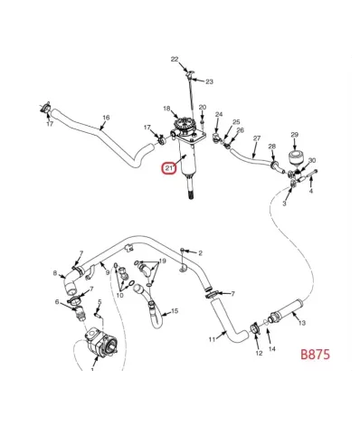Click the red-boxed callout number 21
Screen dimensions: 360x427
click(169, 168)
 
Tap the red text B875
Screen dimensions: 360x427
click(315, 354)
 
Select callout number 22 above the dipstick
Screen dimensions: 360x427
click(175, 60)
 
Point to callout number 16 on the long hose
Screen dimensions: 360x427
click(106, 118)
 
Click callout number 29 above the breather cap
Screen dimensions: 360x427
click(295, 135)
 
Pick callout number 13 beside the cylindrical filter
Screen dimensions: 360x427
click(302, 323)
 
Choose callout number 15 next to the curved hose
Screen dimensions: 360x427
click(175, 311)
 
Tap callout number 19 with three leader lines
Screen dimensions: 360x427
click(162, 261)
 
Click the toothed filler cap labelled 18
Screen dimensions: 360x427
click(185, 125)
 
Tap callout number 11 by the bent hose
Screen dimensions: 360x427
click(212, 339)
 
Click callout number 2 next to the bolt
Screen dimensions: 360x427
click(200, 253)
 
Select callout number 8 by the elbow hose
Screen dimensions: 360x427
click(55, 273)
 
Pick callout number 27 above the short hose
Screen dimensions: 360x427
click(257, 138)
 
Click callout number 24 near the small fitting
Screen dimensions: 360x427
click(219, 114)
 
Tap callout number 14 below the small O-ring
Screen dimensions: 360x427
click(272, 349)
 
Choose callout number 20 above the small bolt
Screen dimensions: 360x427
click(203, 108)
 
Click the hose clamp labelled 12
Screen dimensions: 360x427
click(256, 328)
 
